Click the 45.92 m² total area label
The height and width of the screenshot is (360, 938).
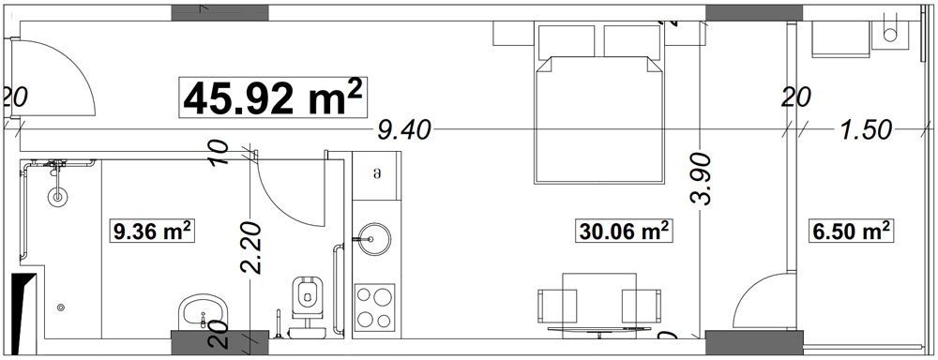(272, 97)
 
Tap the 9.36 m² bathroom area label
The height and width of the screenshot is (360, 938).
(152, 231)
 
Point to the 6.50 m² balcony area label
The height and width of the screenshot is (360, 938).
(852, 231)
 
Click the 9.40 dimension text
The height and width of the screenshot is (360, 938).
(403, 130)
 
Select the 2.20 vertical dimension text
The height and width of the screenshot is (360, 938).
(251, 247)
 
